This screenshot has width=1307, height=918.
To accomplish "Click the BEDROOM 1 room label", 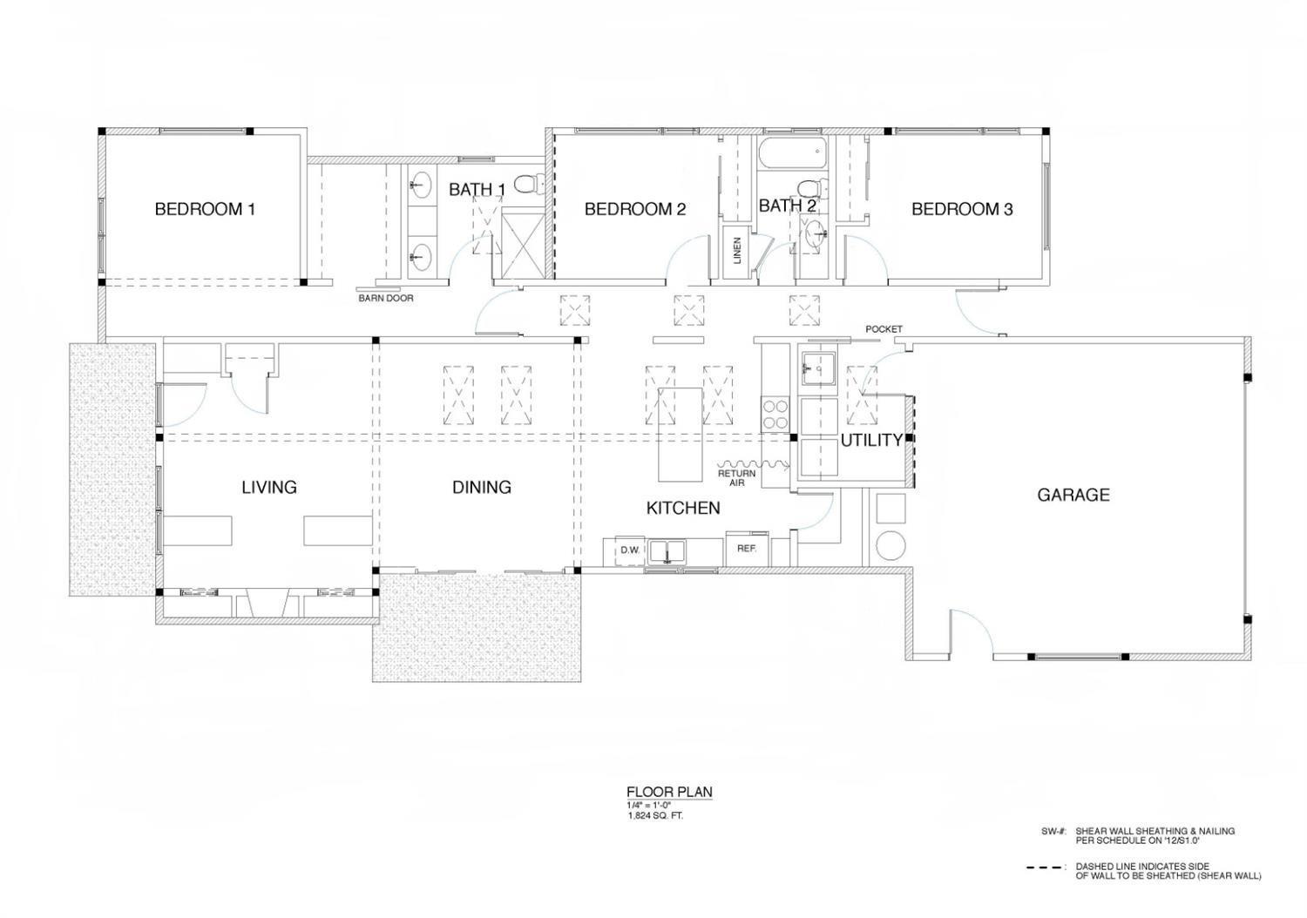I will [x=205, y=209].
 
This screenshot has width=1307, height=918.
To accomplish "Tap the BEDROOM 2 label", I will [x=634, y=209].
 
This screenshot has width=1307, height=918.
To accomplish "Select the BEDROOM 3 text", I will [x=962, y=209].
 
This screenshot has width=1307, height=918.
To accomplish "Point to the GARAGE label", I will [x=1073, y=495].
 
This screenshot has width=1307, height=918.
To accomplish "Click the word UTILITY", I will [x=870, y=441].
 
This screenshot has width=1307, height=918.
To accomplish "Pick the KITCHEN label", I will [x=683, y=508].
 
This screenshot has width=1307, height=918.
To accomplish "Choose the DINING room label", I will [x=481, y=487].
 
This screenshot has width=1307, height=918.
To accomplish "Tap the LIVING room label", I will [x=269, y=487].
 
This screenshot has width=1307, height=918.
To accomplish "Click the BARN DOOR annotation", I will [x=386, y=298].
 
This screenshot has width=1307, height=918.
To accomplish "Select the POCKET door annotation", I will [x=884, y=329].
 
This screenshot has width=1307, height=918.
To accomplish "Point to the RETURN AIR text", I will [x=736, y=477].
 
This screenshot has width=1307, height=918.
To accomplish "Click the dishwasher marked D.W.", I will [x=630, y=550].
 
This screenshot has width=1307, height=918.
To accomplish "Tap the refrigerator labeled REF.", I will [x=746, y=549].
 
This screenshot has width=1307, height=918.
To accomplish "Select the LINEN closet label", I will [x=736, y=251].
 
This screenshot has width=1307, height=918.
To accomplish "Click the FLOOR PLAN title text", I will [x=669, y=792].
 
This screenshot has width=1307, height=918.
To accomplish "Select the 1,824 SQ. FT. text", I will [x=655, y=816].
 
